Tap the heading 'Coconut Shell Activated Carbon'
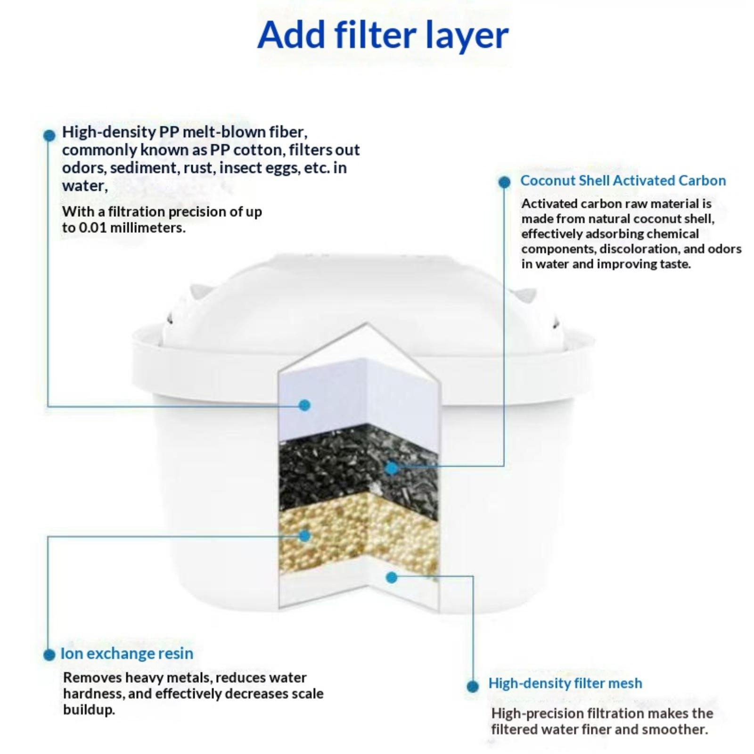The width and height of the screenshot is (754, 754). (x=623, y=180)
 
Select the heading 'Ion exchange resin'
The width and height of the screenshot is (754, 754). (x=127, y=654)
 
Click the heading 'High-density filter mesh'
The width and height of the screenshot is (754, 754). (x=565, y=683)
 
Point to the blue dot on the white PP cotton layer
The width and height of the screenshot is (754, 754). (x=305, y=405)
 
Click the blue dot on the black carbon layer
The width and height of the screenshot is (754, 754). (x=391, y=468)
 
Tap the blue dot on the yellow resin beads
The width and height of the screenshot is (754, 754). (x=305, y=536)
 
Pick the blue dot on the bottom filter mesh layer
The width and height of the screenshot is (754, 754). (x=391, y=577)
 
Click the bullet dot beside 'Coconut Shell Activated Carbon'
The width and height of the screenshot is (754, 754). (x=504, y=182)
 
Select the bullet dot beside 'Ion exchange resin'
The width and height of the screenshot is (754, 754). (x=49, y=655)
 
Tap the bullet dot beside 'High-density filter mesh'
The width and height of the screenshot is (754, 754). (x=473, y=686)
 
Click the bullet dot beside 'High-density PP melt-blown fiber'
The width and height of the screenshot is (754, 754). (x=49, y=135)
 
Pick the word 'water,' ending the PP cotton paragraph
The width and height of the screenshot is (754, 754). (x=85, y=186)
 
